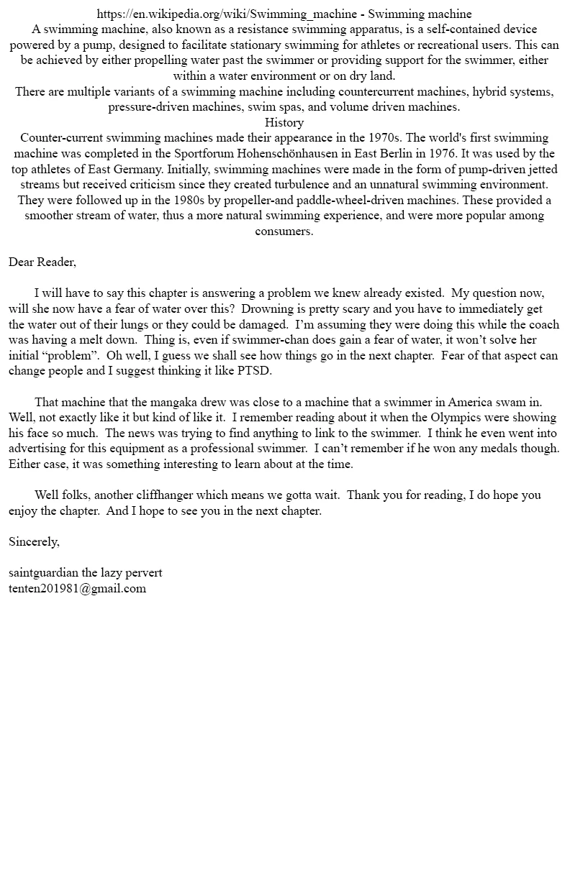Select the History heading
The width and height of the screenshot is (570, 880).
pos(284,122)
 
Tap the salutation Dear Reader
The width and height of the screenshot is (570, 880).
pos(42,262)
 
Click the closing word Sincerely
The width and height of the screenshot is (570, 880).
pos(34,541)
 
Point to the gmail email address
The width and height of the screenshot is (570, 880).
pos(77,588)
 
